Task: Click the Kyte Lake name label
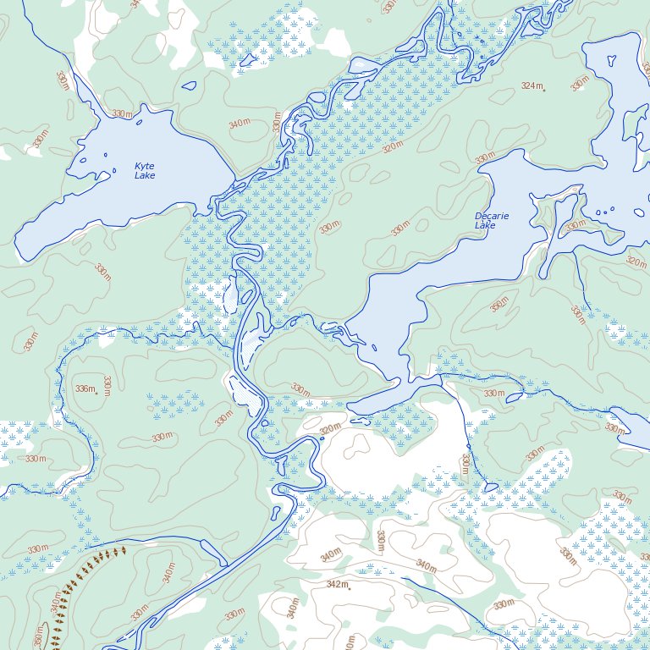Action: point(145,171)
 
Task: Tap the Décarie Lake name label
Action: point(491,221)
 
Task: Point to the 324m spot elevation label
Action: point(532,85)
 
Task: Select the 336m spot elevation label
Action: point(84,388)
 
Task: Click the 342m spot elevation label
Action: point(337,584)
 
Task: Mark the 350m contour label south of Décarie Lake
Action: point(499,304)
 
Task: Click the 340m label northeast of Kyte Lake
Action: point(240,124)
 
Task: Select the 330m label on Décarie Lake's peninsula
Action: point(576,225)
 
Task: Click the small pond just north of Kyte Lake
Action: point(189,85)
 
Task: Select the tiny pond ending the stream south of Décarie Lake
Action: point(490,487)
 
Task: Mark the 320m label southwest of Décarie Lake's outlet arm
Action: point(331,428)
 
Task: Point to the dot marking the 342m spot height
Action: point(350,587)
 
